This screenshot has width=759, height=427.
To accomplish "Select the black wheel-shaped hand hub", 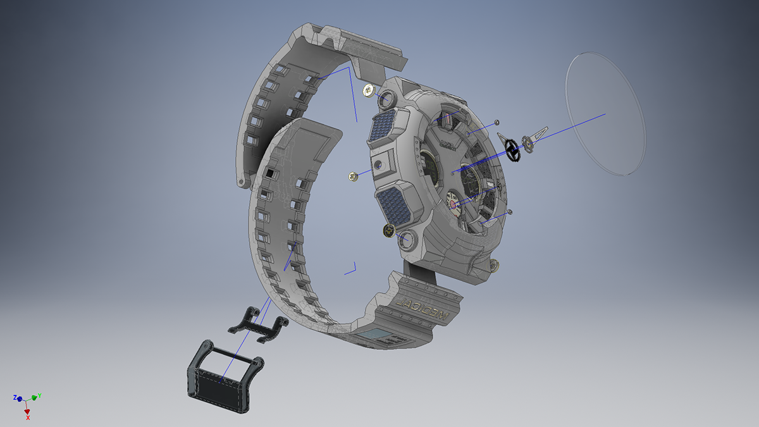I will point(512,149).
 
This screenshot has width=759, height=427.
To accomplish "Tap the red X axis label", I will point(28,417).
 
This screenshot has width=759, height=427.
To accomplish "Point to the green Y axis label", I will point(39,395).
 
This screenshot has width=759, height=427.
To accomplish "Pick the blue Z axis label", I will point(14,397).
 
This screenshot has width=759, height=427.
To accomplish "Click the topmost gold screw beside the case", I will point(369,92).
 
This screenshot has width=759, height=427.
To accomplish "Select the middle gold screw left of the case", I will point(353,176).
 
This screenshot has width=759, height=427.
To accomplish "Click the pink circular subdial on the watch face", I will point(454,202).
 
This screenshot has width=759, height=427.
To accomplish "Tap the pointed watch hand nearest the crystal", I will point(540,134).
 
